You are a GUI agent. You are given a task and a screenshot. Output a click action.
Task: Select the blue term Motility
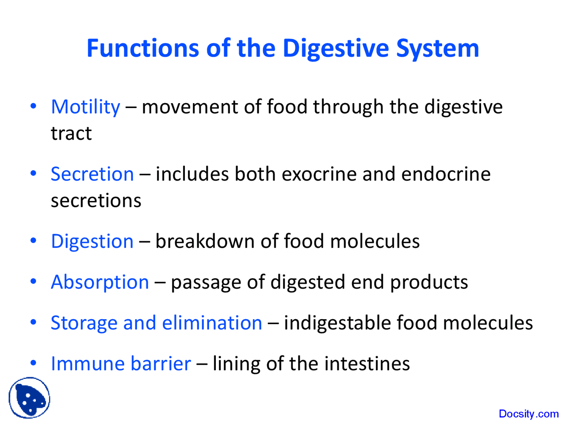[85, 107]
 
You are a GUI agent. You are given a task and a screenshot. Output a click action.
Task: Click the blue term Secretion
[92, 174]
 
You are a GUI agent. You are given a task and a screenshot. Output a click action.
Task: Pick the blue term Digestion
[92, 242]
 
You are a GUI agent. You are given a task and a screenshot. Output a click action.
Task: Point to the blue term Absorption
[100, 282]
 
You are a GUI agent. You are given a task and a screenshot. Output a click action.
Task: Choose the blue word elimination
[212, 323]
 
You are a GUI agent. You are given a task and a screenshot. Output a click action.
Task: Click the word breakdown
[205, 241]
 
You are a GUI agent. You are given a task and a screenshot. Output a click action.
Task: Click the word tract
[71, 134]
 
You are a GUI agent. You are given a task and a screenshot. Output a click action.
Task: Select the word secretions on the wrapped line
[96, 201]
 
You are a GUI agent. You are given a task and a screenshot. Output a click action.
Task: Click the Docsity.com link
[528, 414]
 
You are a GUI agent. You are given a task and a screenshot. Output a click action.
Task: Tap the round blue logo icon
[29, 398]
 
